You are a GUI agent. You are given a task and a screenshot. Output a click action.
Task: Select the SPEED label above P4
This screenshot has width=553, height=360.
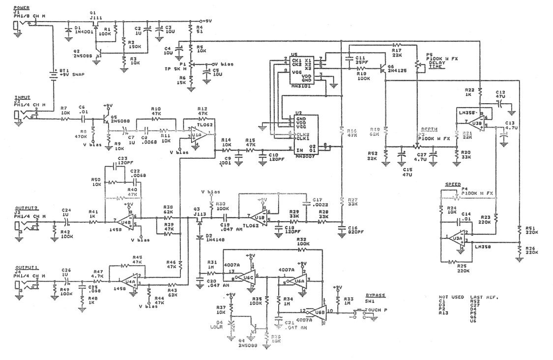[x=452, y=184]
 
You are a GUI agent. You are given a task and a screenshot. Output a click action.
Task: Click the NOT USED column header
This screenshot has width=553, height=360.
[x=450, y=297]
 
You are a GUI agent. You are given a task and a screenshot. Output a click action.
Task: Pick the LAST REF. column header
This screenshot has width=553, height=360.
[x=485, y=297]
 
